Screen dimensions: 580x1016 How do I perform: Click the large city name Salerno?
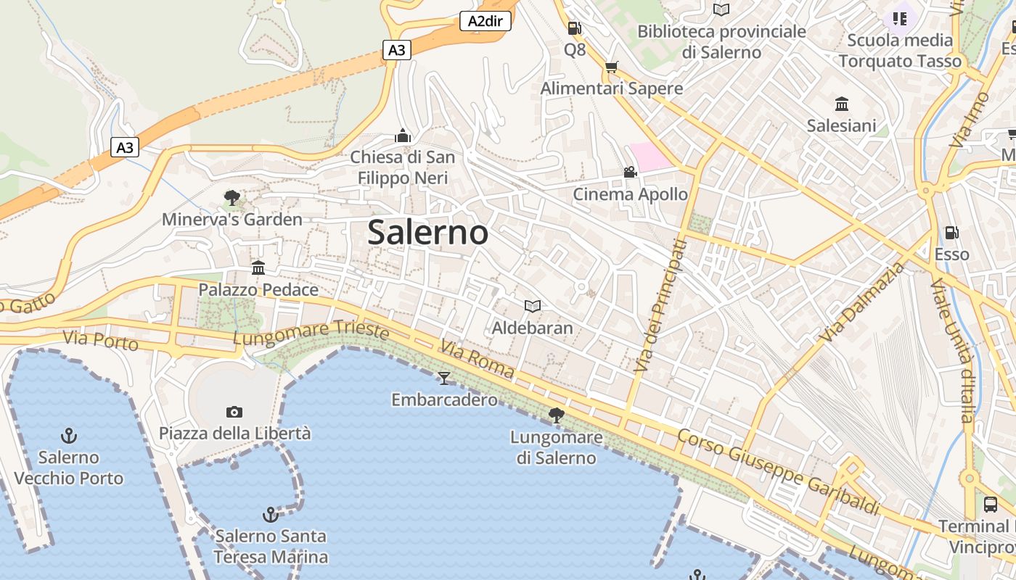coord(427,233)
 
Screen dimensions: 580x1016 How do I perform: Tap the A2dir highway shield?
coord(486,21)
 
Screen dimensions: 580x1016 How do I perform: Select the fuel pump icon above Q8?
coord(574,28)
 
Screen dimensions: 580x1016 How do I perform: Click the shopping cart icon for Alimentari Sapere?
coord(612,67)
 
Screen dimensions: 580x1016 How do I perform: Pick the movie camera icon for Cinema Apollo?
coord(630,173)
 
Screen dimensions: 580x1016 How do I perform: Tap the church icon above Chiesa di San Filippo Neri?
coord(403,136)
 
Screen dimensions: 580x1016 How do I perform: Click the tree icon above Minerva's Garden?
coord(232,197)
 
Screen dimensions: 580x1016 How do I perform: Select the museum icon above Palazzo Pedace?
coord(258,268)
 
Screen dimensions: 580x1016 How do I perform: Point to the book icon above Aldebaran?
coord(533,306)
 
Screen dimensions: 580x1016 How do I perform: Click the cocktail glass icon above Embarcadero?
coord(444,378)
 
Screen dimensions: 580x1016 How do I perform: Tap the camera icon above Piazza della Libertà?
coord(234,412)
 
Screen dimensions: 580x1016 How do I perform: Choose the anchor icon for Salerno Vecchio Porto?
coord(69,436)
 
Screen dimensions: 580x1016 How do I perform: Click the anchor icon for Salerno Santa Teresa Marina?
coord(270,515)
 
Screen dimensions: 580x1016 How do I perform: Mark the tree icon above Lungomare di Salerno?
coord(557,415)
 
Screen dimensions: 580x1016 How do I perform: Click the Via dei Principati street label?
coord(660,305)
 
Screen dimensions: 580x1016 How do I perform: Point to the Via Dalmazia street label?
coord(863,302)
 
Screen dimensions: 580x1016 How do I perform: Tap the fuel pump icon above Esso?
coord(951,233)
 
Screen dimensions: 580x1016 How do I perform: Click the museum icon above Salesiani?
coord(842,104)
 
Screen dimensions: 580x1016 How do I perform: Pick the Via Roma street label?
coord(477,360)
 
